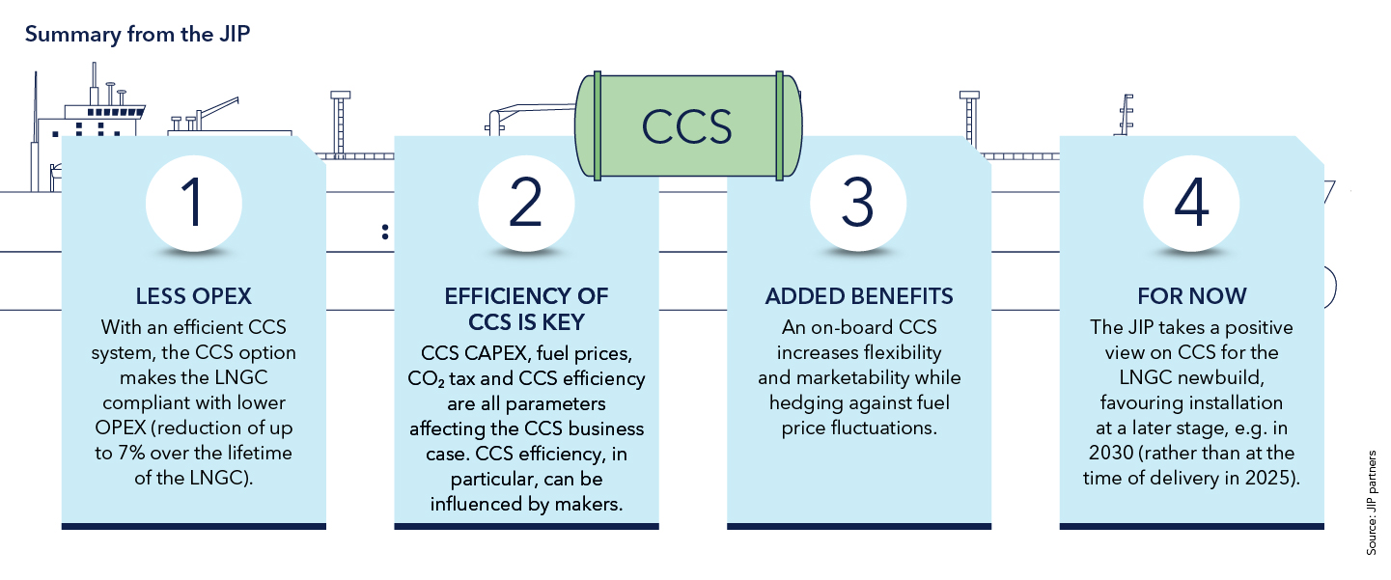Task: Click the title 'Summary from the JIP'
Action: pos(139,36)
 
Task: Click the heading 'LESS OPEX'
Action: pos(193,295)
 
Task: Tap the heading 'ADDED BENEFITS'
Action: pos(858,295)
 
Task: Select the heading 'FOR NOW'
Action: pos(1191,295)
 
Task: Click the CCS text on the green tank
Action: pos(687,126)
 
